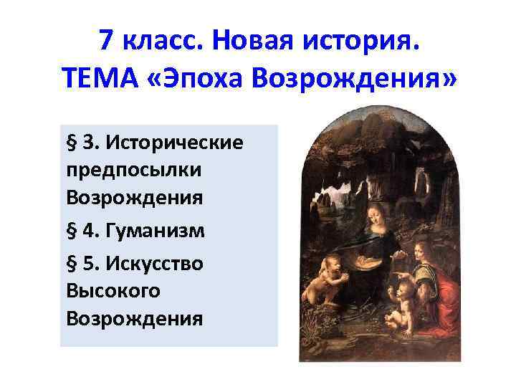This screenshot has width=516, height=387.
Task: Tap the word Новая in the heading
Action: click(x=253, y=42)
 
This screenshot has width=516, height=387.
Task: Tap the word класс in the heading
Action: click(x=161, y=42)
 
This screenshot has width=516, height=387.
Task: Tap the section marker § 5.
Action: click(x=80, y=263)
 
